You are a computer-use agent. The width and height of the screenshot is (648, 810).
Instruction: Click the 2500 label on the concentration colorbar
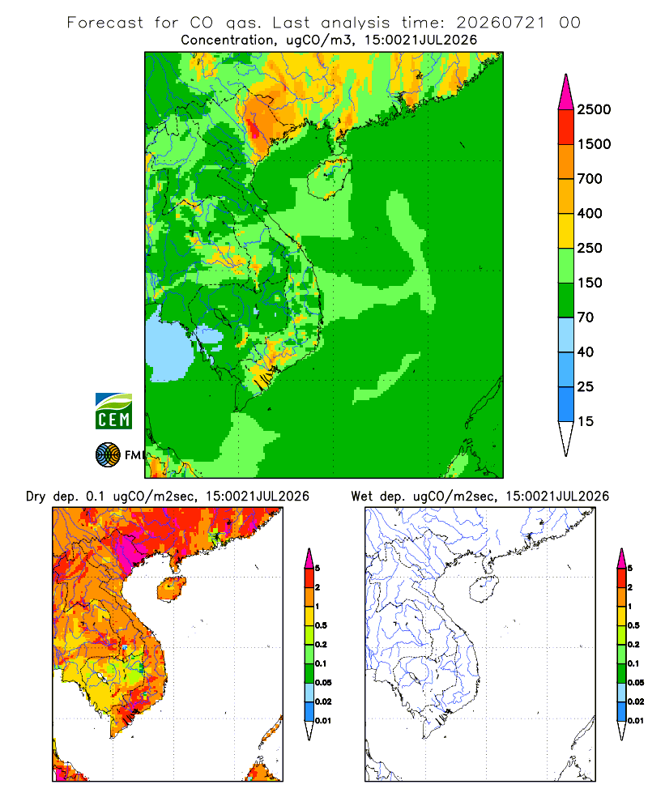tap(594, 109)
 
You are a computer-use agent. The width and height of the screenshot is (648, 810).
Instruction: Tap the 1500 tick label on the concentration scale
tap(594, 144)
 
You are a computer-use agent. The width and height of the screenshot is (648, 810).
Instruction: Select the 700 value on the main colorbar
tap(590, 179)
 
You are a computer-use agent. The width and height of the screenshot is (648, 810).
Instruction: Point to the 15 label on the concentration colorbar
tap(586, 421)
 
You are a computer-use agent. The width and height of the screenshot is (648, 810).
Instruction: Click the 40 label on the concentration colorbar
tap(586, 352)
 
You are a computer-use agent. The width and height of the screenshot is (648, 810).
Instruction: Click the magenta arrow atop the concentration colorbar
tap(566, 92)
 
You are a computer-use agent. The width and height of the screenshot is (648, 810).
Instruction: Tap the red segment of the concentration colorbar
tap(566, 127)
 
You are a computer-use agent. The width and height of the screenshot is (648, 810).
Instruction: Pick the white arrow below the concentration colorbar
tap(566, 438)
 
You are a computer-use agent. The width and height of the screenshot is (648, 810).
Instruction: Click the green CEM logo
tap(113, 411)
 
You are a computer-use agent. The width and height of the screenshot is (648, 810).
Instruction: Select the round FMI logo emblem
tap(108, 455)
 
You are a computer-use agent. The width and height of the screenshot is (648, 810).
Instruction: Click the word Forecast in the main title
tap(105, 23)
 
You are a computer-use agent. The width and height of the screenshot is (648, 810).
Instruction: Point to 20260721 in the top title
tap(501, 23)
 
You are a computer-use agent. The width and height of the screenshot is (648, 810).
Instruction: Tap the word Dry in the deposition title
tap(36, 497)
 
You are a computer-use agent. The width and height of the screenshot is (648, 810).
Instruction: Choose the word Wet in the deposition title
tap(361, 497)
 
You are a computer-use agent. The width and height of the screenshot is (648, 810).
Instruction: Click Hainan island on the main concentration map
tap(329, 178)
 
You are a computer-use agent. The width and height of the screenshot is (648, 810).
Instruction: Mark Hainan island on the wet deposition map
tap(484, 589)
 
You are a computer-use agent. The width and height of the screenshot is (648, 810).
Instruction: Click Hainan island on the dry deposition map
tap(172, 589)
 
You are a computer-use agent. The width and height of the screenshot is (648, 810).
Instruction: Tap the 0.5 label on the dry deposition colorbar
tap(321, 625)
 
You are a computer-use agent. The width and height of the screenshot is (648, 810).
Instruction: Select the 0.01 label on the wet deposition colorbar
tap(636, 721)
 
